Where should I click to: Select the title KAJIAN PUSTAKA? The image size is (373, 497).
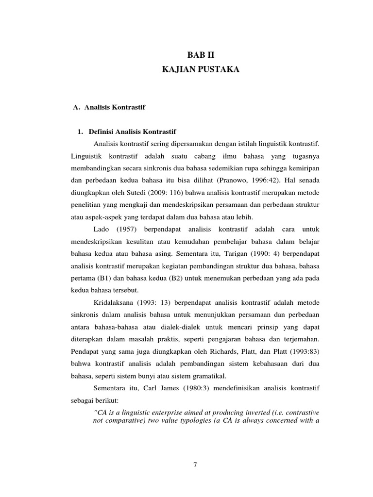coord(201,70)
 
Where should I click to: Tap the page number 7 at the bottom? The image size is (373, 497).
coord(195,464)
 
